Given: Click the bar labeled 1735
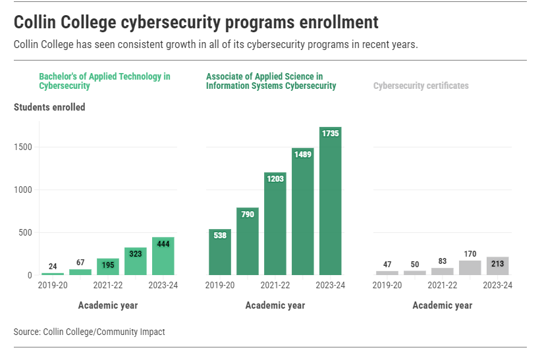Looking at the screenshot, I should pyautogui.click(x=330, y=201).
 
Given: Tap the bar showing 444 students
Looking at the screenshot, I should pyautogui.click(x=163, y=256).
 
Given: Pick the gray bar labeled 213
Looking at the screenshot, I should pyautogui.click(x=497, y=266).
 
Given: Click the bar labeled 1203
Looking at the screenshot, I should pyautogui.click(x=275, y=224).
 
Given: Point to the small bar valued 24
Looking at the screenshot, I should pyautogui.click(x=53, y=274).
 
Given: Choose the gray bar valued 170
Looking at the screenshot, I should pyautogui.click(x=470, y=268).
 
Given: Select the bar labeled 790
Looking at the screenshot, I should pyautogui.click(x=248, y=241).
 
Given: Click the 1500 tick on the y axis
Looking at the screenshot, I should pyautogui.click(x=22, y=147).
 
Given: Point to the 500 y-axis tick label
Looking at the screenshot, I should pyautogui.click(x=24, y=232).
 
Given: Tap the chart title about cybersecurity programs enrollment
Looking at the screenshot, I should pyautogui.click(x=196, y=22).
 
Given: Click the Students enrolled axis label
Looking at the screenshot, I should pyautogui.click(x=49, y=107).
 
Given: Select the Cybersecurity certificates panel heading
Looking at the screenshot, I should pyautogui.click(x=421, y=86).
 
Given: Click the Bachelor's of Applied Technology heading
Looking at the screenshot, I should pyautogui.click(x=104, y=81).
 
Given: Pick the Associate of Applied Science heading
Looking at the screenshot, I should pyautogui.click(x=271, y=81).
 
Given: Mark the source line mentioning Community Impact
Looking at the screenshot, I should pyautogui.click(x=89, y=332).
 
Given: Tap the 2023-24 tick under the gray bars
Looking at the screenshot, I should pyautogui.click(x=497, y=285).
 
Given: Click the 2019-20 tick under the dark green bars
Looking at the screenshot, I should pyautogui.click(x=220, y=285).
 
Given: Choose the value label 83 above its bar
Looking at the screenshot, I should pyautogui.click(x=442, y=261).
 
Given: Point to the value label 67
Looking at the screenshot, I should pyautogui.click(x=80, y=263).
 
